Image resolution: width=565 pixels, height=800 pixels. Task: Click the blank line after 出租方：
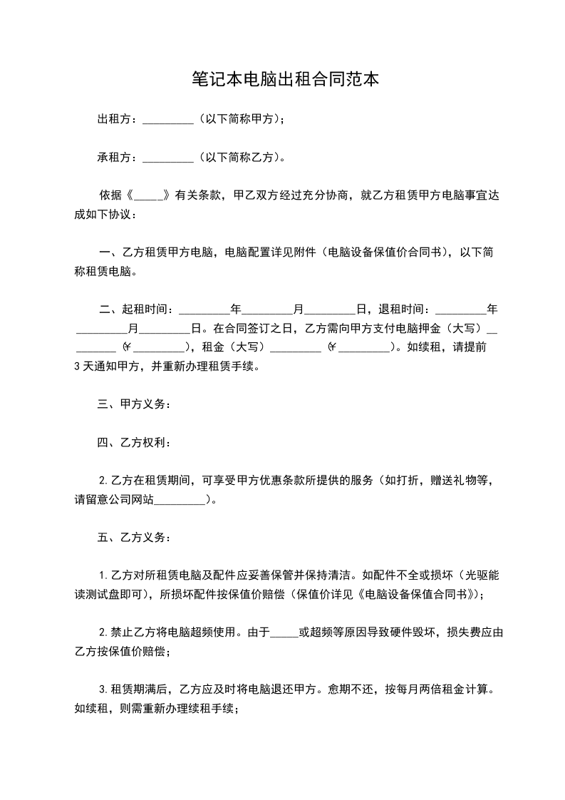168,119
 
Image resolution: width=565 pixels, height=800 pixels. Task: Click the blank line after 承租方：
168,158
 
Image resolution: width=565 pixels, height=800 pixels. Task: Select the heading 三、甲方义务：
134,404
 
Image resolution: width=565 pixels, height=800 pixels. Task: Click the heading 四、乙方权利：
134,443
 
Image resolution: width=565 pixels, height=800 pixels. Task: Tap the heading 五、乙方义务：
134,536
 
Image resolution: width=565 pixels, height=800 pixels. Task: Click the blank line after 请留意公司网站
180,500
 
